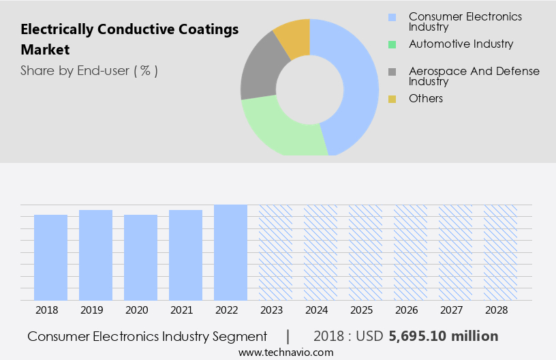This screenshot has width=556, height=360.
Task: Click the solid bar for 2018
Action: click(x=51, y=257)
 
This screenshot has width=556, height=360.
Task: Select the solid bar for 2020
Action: click(x=141, y=257)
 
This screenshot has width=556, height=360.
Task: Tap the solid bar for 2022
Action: click(x=230, y=252)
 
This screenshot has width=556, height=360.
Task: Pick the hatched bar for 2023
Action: click(x=275, y=252)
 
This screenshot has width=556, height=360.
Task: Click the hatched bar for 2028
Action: click(x=500, y=252)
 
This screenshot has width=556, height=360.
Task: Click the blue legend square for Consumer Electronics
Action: click(x=392, y=17)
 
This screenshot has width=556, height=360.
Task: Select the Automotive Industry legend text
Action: click(x=461, y=44)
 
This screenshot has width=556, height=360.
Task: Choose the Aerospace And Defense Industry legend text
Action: click(x=474, y=76)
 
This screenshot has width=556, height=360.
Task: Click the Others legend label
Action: click(x=426, y=98)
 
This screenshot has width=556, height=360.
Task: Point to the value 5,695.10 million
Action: click(x=444, y=336)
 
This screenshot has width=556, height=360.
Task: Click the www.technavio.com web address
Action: click(x=286, y=352)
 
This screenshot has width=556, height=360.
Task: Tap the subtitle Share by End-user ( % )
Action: click(x=89, y=70)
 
